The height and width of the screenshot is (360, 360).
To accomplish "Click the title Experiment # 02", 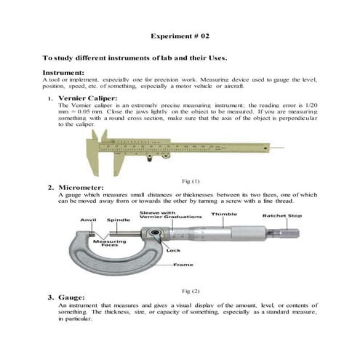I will point(180,34).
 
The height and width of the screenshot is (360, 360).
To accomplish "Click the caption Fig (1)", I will point(189,180).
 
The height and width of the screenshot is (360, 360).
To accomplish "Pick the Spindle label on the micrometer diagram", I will point(119,219).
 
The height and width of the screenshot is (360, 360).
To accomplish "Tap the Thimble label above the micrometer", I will point(224,215).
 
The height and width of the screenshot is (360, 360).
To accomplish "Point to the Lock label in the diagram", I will point(173,249).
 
